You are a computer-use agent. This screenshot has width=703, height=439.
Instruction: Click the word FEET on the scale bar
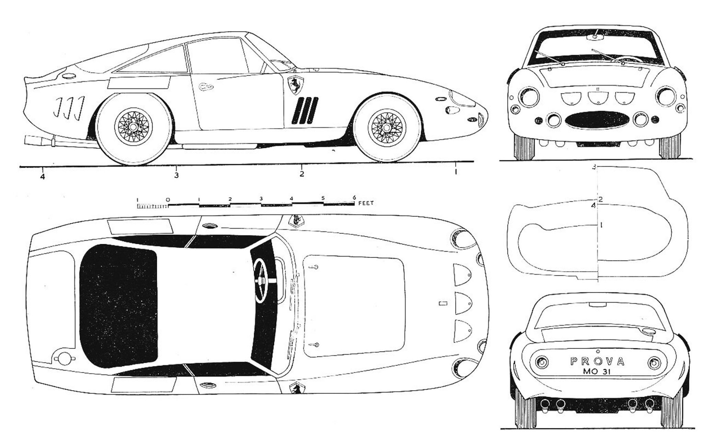click(x=366, y=203)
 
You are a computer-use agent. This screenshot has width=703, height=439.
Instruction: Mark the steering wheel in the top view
click(x=262, y=281)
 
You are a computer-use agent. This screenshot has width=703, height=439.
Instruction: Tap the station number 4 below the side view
click(x=42, y=177)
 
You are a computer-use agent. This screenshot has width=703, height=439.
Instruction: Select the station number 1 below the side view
click(x=455, y=172)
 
